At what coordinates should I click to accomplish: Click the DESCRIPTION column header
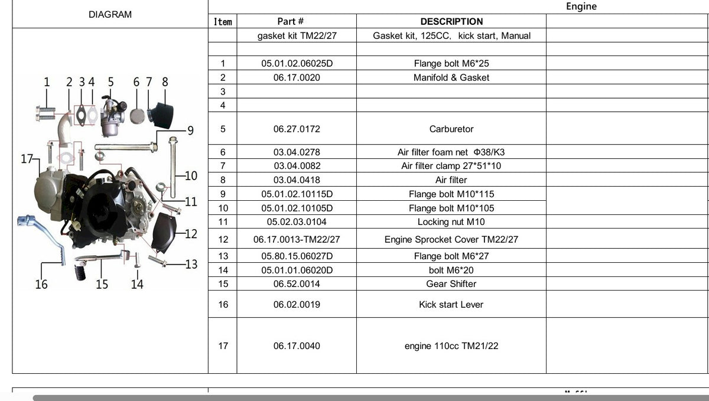[451, 21]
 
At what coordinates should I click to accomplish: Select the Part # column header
[290, 21]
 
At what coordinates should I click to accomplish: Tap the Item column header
[223, 21]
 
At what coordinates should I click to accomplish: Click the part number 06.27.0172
[297, 129]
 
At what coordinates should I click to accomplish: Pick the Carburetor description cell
[451, 129]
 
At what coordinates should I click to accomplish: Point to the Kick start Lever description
[451, 305]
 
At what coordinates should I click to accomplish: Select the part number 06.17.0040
[297, 346]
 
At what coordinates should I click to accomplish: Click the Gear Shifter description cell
[451, 284]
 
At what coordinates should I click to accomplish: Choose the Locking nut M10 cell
[451, 222]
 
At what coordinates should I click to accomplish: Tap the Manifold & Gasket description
[451, 77]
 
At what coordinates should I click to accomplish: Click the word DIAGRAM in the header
[110, 15]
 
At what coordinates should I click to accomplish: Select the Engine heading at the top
[581, 6]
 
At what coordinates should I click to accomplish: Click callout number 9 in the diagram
[190, 131]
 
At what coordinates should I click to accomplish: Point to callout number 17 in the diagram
[27, 158]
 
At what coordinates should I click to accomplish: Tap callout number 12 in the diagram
[191, 234]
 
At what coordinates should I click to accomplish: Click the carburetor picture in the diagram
[112, 116]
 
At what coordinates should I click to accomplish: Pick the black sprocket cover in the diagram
[163, 233]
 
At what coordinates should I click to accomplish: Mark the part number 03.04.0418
[297, 180]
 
